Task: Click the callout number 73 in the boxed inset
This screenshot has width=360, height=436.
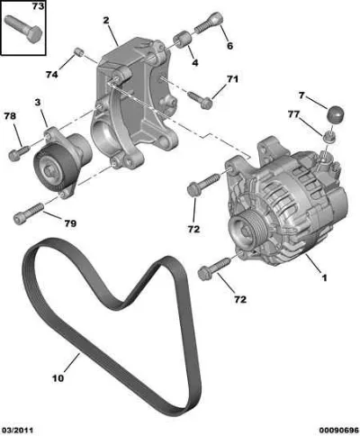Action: click(x=38, y=6)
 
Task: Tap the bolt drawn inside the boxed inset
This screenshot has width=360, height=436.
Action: click(x=23, y=28)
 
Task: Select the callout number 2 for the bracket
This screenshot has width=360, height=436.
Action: click(x=106, y=21)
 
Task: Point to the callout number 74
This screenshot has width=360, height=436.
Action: click(x=51, y=74)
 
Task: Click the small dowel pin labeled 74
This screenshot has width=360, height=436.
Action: click(x=78, y=51)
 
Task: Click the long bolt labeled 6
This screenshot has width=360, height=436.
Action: click(x=209, y=22)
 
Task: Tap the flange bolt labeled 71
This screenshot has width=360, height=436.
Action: click(x=201, y=100)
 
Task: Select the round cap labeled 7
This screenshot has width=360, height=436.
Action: click(x=335, y=114)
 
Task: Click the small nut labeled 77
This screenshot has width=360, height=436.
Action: click(x=329, y=137)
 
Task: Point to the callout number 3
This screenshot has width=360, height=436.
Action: click(x=38, y=103)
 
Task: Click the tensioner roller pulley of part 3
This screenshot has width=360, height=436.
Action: click(x=53, y=168)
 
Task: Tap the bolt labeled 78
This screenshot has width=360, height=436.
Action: click(x=18, y=153)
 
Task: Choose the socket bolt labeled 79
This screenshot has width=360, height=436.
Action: click(x=29, y=213)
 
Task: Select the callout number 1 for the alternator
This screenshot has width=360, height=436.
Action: click(x=324, y=277)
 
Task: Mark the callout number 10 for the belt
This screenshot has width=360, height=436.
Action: click(x=58, y=378)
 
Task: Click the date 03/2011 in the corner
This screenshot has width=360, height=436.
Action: click(x=17, y=430)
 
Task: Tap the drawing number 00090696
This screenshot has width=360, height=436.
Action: click(x=338, y=430)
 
